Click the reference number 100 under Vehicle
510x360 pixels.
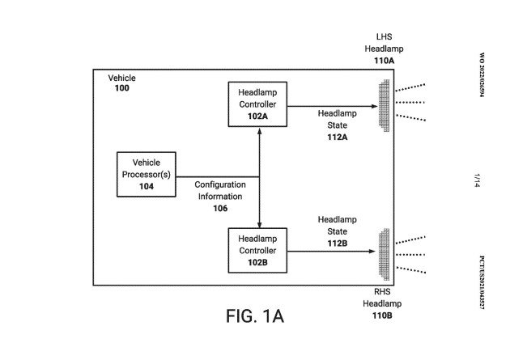point(122,88)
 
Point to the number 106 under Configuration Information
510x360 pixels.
point(220,208)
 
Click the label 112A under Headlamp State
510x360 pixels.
point(338,137)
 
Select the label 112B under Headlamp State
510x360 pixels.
point(338,244)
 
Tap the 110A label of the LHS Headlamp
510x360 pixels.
point(385,61)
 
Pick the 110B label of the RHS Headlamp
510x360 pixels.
point(382,316)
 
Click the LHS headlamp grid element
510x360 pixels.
point(385,106)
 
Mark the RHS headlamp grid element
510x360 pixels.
point(385,254)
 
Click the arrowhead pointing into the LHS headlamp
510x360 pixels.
point(375,106)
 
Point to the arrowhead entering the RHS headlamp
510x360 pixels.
point(372,251)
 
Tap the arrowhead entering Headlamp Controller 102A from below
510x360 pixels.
point(259,131)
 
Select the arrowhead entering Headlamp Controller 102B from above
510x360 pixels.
point(259,224)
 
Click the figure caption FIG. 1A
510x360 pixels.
point(255,316)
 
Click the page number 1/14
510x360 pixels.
point(477,180)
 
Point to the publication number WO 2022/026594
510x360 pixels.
point(482,74)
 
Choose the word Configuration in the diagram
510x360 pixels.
point(220,185)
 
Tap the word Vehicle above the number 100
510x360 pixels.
point(122,78)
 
